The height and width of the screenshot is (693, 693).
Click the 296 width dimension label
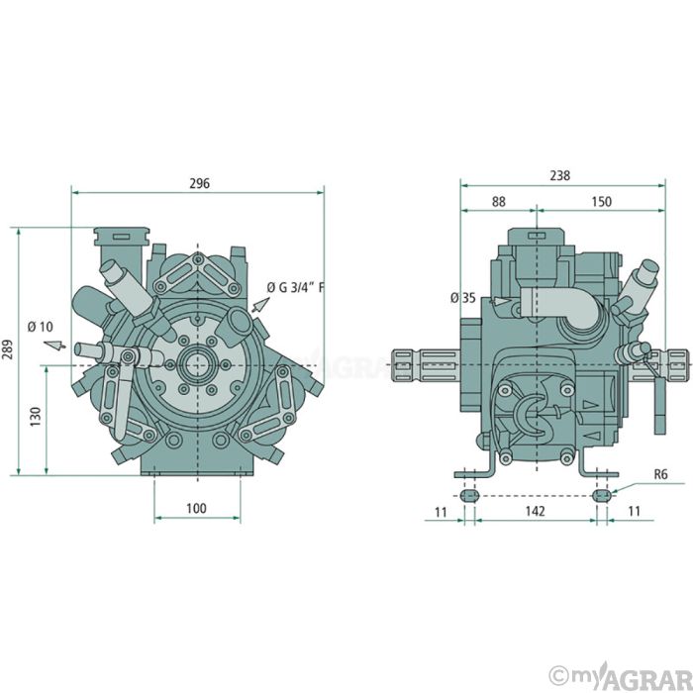point(199,183)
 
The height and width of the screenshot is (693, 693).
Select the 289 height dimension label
point(9,349)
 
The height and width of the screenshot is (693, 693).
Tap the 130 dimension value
point(36,417)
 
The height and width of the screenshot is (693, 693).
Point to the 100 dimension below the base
point(196,508)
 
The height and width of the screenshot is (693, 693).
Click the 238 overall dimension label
point(560,175)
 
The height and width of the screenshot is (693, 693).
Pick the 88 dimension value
point(499,202)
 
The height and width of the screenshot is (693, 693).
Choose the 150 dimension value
point(602,202)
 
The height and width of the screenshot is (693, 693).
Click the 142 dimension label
point(535,512)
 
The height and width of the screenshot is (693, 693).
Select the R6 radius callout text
point(660,474)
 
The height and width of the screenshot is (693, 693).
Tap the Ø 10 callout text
point(41,327)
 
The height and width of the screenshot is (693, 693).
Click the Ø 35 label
point(463,298)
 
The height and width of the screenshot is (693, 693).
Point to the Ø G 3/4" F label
point(296,288)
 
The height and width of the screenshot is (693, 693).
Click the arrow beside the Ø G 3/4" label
point(260,305)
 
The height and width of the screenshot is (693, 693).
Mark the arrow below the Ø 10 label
point(54,346)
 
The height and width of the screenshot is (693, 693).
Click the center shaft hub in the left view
point(198,365)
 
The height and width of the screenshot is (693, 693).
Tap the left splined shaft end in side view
point(407,365)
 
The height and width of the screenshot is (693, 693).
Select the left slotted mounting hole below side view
point(469,495)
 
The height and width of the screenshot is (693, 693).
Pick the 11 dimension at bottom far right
point(634,512)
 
